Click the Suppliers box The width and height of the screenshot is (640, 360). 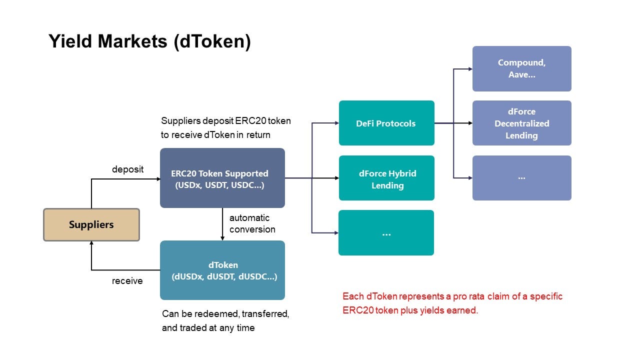coord(91,225)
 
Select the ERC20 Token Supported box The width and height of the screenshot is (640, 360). coord(222,177)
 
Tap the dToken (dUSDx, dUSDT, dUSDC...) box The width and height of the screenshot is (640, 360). coord(222,270)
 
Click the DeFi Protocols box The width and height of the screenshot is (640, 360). coord(386,123)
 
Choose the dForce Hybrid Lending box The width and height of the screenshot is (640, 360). coord(386,178)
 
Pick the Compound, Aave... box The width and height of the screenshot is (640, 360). coord(521,69)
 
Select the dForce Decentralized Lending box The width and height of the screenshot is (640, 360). coord(521,123)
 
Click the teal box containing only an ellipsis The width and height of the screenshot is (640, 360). coord(386,233)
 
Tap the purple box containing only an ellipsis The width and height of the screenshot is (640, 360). coord(521,178)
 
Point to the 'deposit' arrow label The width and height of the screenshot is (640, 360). coord(127,169)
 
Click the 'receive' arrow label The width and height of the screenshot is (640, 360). coord(127,281)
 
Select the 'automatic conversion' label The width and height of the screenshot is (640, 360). coord(252,223)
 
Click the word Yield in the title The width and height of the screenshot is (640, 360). coord(70,41)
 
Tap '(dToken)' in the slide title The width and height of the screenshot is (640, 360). coord(212,41)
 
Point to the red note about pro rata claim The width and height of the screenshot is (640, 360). coord(452,303)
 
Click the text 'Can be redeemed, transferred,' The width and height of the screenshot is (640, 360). coord(225,313)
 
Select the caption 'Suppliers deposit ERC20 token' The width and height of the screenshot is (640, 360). coord(225,121)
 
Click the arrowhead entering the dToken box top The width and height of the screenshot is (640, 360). coord(222,238)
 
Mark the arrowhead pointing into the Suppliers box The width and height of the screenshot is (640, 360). coord(91,243)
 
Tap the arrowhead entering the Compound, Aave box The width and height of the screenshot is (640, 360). coord(470,69)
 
